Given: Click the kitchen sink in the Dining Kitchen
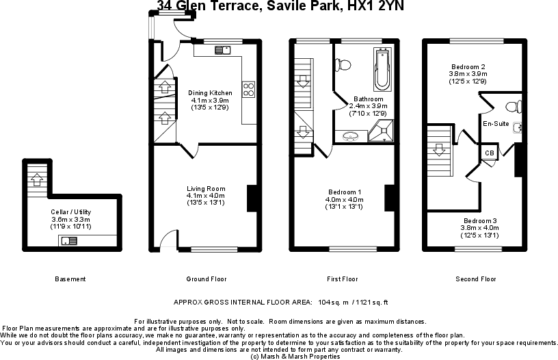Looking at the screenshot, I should pos(223,49).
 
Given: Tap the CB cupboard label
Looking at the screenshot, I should pos(490,153).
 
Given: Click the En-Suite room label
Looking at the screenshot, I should pos(495,124).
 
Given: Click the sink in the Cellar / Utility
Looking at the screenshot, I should pos(69,240).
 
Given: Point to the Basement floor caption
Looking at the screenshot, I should pos(70,279).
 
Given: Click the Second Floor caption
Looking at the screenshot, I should pos(476,279).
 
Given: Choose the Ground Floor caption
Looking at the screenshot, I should pos(207,279).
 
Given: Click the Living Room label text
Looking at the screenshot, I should pos(206,189).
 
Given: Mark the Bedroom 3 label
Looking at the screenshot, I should pos(480,221).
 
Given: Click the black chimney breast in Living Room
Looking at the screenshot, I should pos(251,197).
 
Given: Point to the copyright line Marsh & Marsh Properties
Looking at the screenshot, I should pos(295,356).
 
